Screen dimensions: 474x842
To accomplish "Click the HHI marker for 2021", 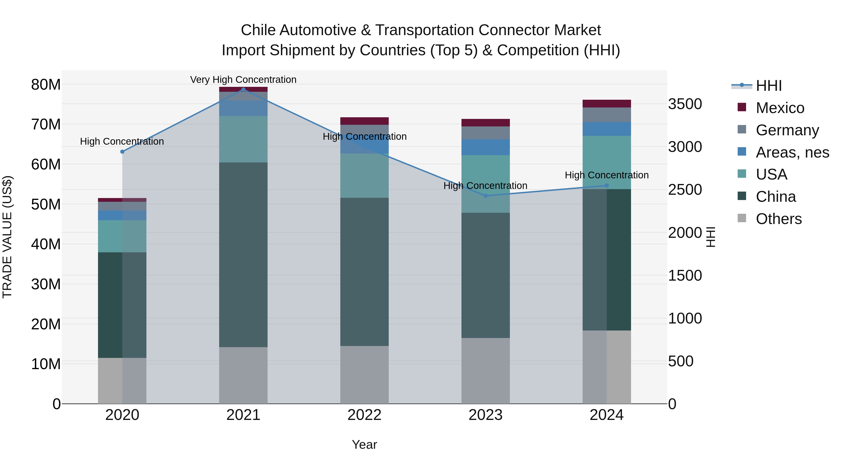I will click(x=243, y=89).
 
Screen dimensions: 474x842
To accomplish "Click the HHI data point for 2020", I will click(x=122, y=152).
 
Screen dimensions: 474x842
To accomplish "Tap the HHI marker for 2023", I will click(x=485, y=196).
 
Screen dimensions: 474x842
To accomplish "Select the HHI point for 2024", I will click(x=607, y=185).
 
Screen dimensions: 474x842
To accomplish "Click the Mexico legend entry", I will click(x=780, y=108).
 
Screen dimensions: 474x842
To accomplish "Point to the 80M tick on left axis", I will click(x=46, y=85).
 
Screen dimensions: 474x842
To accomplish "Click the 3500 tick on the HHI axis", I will click(x=685, y=104).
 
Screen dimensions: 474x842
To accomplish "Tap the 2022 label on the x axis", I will click(x=364, y=415).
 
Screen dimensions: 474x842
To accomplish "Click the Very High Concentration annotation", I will click(x=243, y=80).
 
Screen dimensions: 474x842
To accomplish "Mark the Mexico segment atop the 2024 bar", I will click(x=607, y=104).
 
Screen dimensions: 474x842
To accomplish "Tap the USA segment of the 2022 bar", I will click(x=364, y=176).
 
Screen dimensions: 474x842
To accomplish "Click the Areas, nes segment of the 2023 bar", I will click(x=485, y=147).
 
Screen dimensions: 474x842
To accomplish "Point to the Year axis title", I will click(x=364, y=445).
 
